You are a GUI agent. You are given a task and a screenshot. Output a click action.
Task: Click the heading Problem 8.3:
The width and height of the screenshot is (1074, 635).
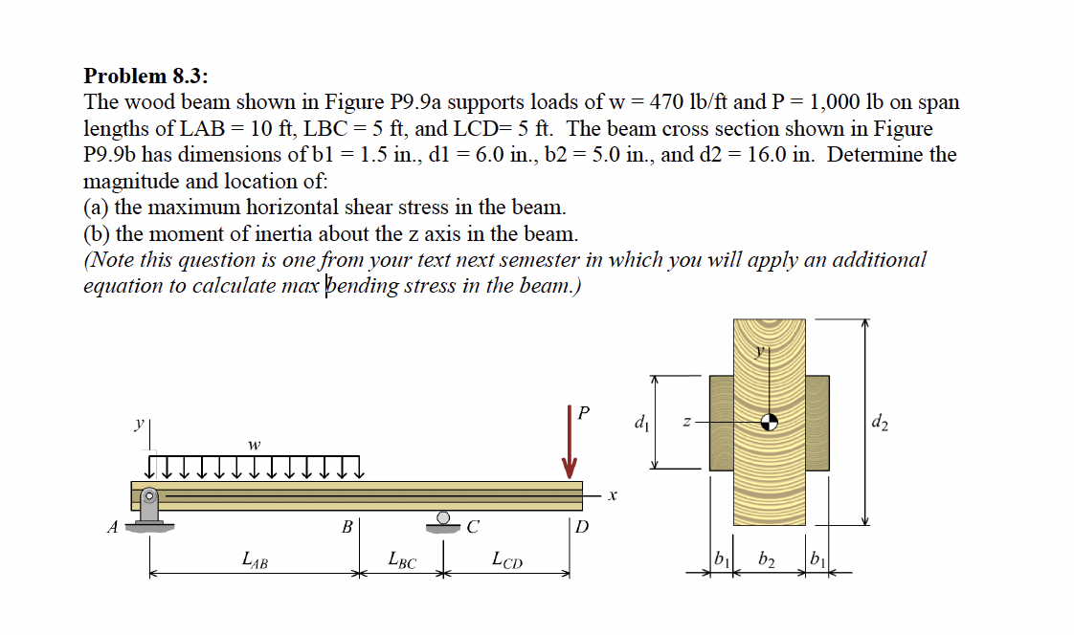[x=145, y=76]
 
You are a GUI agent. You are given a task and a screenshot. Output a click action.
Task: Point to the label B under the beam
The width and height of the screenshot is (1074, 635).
[x=347, y=525]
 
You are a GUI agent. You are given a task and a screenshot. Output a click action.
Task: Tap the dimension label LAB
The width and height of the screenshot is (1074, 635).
[x=255, y=558]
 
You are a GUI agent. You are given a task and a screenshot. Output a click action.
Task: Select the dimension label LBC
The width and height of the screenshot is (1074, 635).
[x=402, y=558]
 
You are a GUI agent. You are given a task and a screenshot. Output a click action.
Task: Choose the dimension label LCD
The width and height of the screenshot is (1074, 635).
[x=507, y=558]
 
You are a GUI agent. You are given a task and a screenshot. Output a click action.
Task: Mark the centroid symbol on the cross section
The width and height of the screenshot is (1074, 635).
[x=769, y=421]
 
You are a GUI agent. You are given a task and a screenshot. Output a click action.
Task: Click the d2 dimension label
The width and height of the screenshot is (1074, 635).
[x=881, y=422]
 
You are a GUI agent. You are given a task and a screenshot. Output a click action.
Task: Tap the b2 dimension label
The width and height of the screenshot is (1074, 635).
[x=768, y=558]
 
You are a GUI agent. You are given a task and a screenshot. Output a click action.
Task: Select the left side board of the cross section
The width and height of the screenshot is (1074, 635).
[x=721, y=422]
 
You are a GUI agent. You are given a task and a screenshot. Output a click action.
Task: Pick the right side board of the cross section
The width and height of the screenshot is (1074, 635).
[x=817, y=422]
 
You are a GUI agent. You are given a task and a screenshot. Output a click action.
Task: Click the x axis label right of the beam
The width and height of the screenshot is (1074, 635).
[x=614, y=495]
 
